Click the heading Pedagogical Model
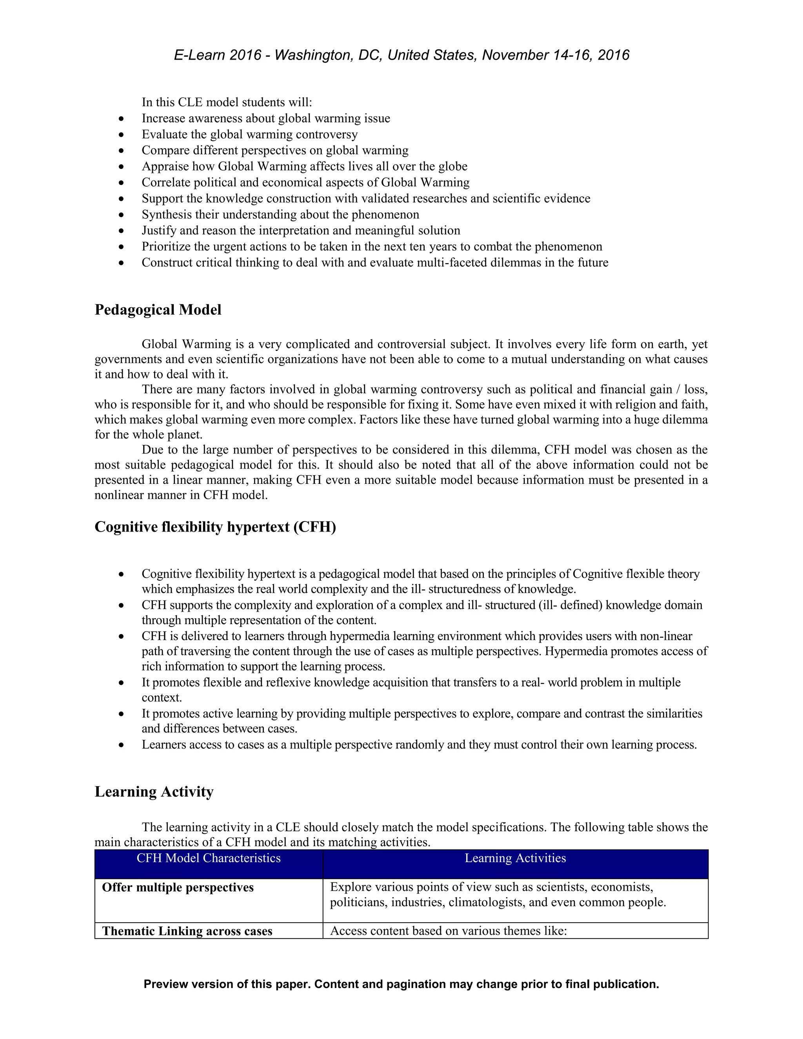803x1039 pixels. click(158, 310)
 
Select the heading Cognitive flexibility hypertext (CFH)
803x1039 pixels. click(215, 527)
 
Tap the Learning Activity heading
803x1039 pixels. click(154, 791)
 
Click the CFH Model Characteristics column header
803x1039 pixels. click(208, 858)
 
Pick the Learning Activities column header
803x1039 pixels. click(515, 858)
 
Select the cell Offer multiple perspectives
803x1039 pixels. click(178, 887)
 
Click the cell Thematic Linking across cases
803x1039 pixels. click(187, 931)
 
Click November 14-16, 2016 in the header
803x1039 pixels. click(556, 55)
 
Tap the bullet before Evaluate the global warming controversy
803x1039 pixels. click(122, 134)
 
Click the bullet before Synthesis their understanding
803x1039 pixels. click(122, 215)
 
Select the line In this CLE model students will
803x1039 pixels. click(227, 102)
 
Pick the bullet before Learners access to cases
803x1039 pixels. click(122, 745)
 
